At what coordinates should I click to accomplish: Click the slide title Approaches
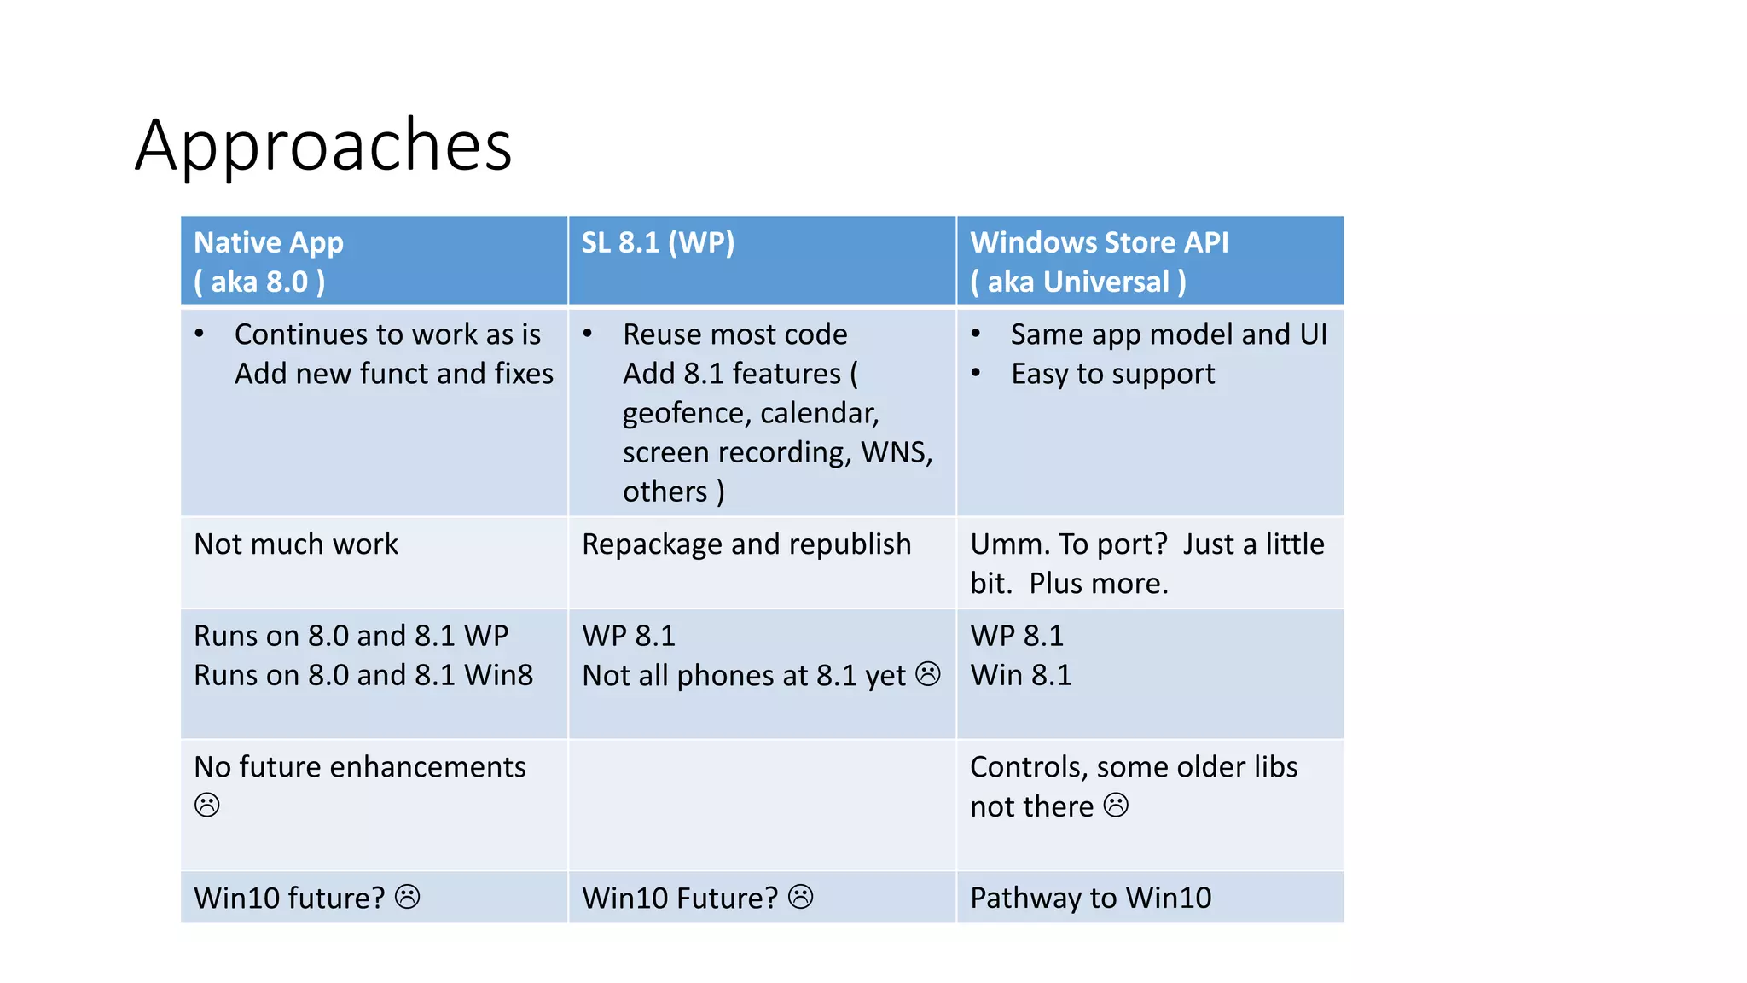323,145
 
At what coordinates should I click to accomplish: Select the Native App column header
268,243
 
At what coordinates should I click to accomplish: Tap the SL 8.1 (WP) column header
658,243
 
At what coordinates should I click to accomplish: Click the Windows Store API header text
1099,243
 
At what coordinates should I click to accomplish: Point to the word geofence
686,414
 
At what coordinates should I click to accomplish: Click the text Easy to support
1112,375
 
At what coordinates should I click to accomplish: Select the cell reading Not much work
296,544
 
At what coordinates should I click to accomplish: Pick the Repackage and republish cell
746,544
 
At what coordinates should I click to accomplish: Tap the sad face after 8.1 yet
928,674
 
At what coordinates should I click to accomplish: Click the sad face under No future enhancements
207,805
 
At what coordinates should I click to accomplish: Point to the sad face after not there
1116,805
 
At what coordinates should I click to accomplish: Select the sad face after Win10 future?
408,897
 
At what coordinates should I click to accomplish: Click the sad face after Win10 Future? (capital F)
800,897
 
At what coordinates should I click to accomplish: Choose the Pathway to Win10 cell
1090,898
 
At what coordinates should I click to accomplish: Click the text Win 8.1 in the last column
1020,676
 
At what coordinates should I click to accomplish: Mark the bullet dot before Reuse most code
588,334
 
